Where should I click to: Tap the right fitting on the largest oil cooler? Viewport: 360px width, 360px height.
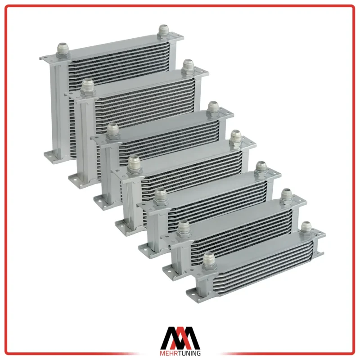(x=164, y=31)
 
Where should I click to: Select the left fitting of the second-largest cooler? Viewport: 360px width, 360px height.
(x=88, y=88)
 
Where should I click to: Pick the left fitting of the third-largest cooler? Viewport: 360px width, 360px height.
(x=113, y=131)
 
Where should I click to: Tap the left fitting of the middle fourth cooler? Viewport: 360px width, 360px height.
(x=135, y=164)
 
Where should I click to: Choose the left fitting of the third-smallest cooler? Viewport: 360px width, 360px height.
(x=161, y=197)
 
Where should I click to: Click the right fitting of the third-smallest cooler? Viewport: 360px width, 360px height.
(x=261, y=169)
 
